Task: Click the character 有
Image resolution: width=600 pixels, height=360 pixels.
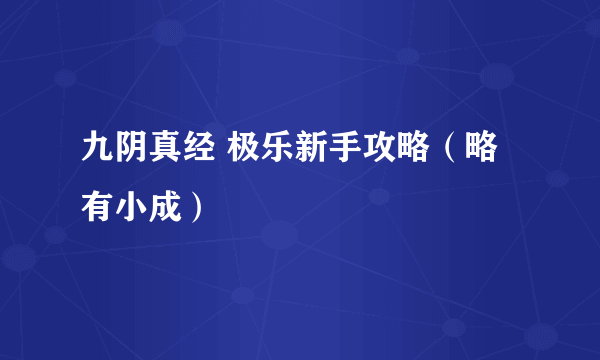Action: (97, 207)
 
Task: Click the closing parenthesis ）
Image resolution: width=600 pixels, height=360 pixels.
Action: (173, 207)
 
